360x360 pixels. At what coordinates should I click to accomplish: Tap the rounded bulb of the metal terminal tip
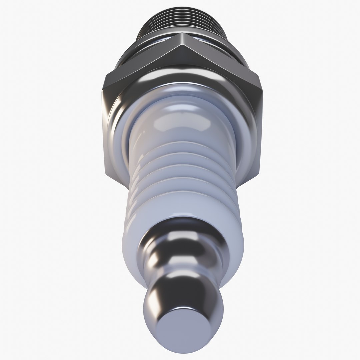click(183, 293)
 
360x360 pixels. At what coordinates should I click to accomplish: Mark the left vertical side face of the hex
click(108, 127)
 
